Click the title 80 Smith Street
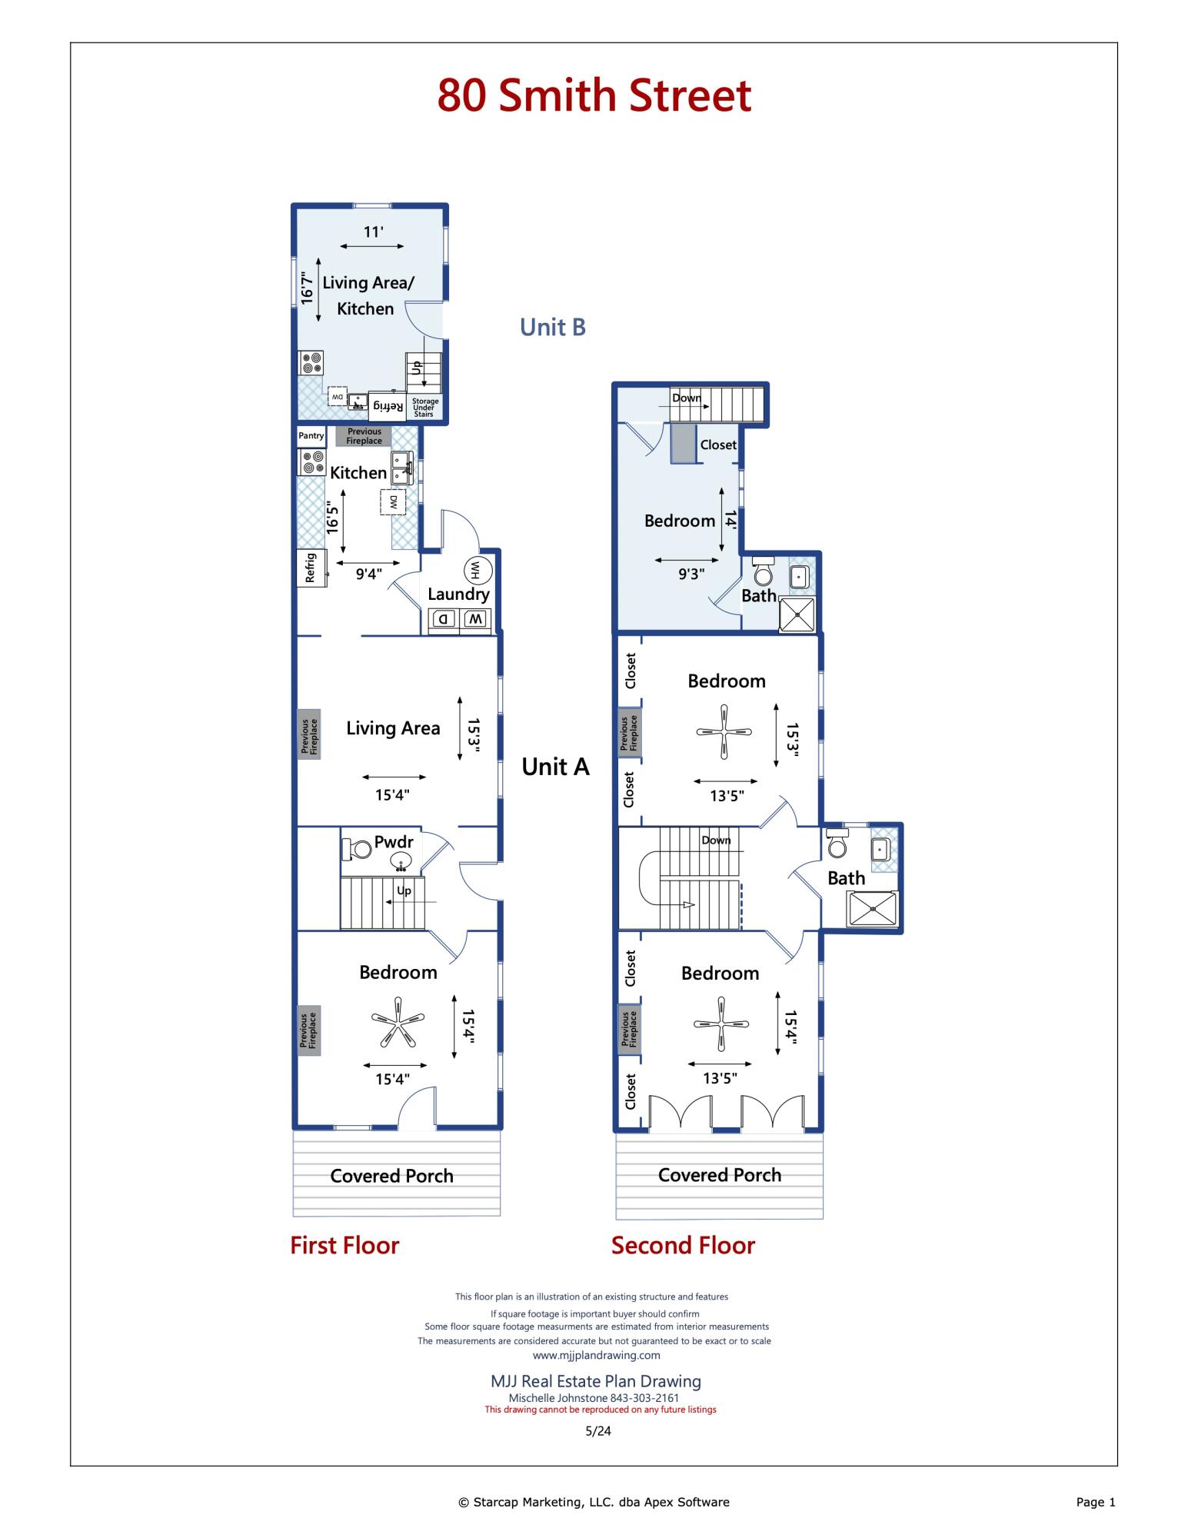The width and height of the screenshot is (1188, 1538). pos(594,95)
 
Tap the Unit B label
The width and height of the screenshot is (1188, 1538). pos(553,327)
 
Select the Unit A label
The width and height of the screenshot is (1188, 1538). pos(555,767)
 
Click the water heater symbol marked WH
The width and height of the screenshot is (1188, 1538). pos(475,570)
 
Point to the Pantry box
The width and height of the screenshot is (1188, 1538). pos(311,436)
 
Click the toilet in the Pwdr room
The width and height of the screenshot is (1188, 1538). pos(356,850)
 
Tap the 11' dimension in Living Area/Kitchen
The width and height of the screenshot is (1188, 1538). pos(373,231)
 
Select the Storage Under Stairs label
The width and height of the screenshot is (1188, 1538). pos(424,408)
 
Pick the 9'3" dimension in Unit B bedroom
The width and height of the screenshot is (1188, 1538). pos(691,574)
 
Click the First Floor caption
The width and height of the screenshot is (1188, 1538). pos(344,1245)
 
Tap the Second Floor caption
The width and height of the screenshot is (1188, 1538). pos(683,1245)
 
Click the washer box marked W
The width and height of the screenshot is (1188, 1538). pos(475,618)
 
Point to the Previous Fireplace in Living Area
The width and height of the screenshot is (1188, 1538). pos(309,734)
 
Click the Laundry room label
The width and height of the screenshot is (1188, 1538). pos(458,594)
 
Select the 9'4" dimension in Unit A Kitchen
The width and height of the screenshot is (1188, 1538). pos(368,574)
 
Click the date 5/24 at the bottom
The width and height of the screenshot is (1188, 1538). pos(598,1431)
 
